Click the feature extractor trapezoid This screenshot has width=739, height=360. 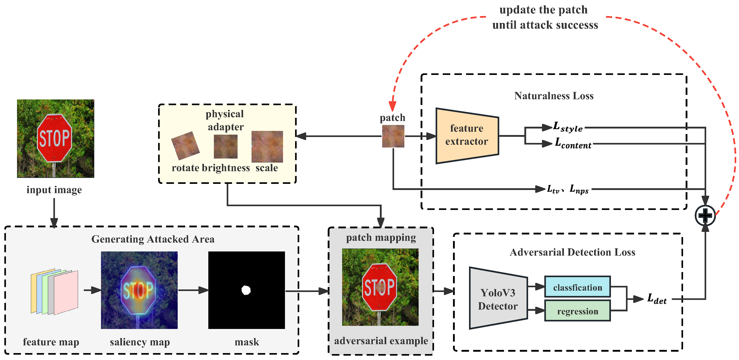tap(467, 135)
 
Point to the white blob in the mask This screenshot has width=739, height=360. tap(246, 290)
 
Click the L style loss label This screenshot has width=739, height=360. tap(568, 127)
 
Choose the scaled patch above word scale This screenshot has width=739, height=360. tap(267, 146)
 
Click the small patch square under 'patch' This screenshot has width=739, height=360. tap(393, 136)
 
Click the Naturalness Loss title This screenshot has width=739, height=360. tap(554, 95)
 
